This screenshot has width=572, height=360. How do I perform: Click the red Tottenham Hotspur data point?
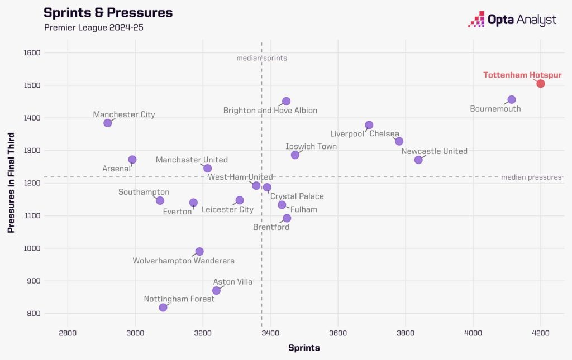click(x=541, y=84)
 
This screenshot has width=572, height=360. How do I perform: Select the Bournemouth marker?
click(x=512, y=100)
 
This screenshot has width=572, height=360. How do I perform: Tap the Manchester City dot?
click(x=108, y=123)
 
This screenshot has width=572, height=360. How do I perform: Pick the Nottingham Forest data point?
click(x=163, y=308)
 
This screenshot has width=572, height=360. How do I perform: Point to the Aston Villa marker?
click(x=216, y=290)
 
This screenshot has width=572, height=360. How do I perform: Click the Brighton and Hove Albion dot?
click(x=286, y=101)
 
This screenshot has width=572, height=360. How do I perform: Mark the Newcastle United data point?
click(x=418, y=160)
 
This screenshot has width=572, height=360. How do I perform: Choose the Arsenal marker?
click(x=132, y=160)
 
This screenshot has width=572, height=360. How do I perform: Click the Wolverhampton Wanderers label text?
click(x=183, y=261)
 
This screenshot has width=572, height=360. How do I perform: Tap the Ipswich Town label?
click(x=311, y=146)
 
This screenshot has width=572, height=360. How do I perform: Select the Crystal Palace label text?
click(x=297, y=196)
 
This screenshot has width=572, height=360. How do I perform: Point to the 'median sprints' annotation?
click(x=261, y=58)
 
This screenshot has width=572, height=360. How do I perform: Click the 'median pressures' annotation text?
click(x=531, y=177)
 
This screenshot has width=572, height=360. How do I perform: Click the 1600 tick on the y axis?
click(x=32, y=53)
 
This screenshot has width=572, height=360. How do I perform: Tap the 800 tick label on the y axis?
click(x=34, y=313)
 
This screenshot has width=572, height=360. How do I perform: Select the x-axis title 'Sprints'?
click(x=304, y=348)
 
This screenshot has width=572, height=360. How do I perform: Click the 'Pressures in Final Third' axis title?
click(x=11, y=183)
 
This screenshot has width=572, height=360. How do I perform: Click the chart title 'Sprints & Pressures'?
click(x=108, y=13)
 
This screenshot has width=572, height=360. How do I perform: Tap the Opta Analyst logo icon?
click(x=476, y=19)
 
